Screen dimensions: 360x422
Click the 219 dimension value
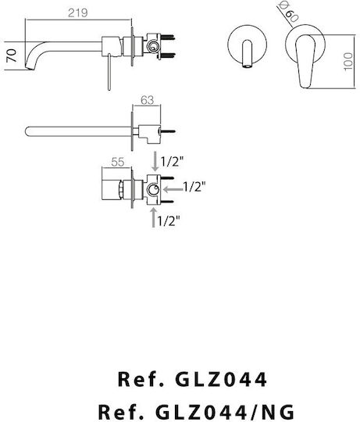click(x=77, y=13)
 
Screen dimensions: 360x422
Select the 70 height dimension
click(x=12, y=56)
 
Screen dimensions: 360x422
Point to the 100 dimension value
click(x=348, y=62)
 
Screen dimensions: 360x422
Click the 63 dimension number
click(x=147, y=100)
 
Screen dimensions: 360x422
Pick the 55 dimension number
click(x=118, y=163)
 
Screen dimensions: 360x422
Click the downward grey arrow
click(x=155, y=161)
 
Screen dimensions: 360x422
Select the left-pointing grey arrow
click(x=173, y=189)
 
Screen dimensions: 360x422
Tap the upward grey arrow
click(x=154, y=217)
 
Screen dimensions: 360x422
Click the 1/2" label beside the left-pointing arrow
click(x=194, y=187)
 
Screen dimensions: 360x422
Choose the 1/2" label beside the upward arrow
click(x=169, y=221)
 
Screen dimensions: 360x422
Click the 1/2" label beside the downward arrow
click(x=172, y=162)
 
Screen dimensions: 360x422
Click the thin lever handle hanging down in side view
click(x=109, y=72)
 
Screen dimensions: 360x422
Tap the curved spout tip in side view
click(x=30, y=66)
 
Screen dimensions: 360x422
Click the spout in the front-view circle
click(x=247, y=54)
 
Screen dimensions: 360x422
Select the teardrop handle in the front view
click(x=305, y=62)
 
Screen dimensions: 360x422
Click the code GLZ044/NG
click(x=225, y=412)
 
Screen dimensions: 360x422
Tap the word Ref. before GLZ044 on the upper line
click(x=141, y=379)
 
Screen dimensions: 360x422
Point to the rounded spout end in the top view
click(x=28, y=131)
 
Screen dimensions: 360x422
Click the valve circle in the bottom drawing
click(x=153, y=189)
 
